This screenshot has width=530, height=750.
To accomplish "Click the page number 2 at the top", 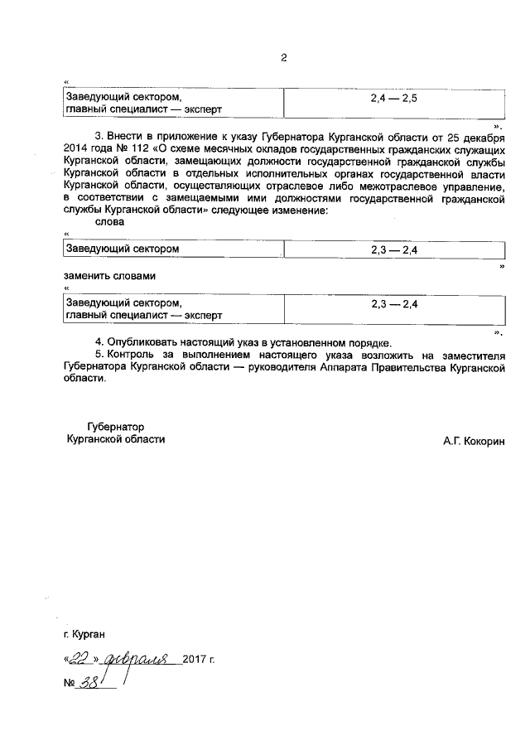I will click(282, 58).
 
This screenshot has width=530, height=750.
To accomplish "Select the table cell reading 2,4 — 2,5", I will click(393, 98).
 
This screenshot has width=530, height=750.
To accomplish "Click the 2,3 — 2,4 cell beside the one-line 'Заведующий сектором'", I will click(393, 249).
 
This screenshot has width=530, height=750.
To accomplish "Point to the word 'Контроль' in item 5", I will click(132, 355).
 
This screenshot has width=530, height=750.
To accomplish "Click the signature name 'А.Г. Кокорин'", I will click(474, 442).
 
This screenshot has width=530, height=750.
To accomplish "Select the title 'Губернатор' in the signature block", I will click(115, 427).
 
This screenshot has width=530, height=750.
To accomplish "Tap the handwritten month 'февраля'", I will click(137, 660).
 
